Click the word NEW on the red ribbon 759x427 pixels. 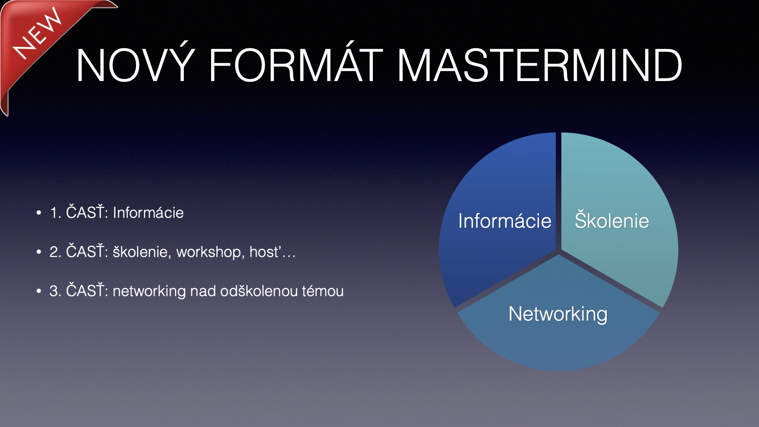[38, 34]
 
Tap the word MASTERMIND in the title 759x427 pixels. [540, 65]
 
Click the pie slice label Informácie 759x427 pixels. [505, 221]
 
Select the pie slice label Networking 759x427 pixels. [558, 315]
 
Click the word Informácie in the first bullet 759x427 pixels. [148, 213]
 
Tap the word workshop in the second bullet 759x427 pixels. [209, 252]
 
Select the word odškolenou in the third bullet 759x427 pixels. [259, 291]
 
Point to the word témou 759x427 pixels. [323, 291]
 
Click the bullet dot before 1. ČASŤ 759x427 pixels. [39, 213]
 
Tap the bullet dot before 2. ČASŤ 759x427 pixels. [39, 252]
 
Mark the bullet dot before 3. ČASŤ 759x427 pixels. [39, 291]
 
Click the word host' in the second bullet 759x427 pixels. [265, 252]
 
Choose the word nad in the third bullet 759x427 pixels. [203, 291]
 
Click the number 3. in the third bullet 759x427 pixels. [55, 291]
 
